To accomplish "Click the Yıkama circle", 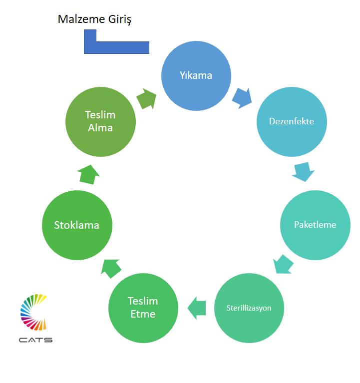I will coord(196,75).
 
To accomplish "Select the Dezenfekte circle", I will coord(292,121).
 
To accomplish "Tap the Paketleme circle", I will coord(315,224).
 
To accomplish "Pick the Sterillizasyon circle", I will coord(249,308).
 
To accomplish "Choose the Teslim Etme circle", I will coord(143,308).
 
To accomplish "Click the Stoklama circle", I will coord(76,225).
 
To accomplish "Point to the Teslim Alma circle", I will coord(100,121).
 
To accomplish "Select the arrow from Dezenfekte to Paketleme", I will coord(303,171).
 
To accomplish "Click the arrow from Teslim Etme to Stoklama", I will coord(111,268).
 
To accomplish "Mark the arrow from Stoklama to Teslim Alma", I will coord(88,174).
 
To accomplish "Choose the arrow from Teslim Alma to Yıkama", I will coord(146,99).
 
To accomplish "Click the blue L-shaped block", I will coord(116,47).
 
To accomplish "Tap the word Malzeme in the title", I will coord(80,19).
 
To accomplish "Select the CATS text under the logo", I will coord(35,340).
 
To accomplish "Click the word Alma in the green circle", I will coord(100,128).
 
